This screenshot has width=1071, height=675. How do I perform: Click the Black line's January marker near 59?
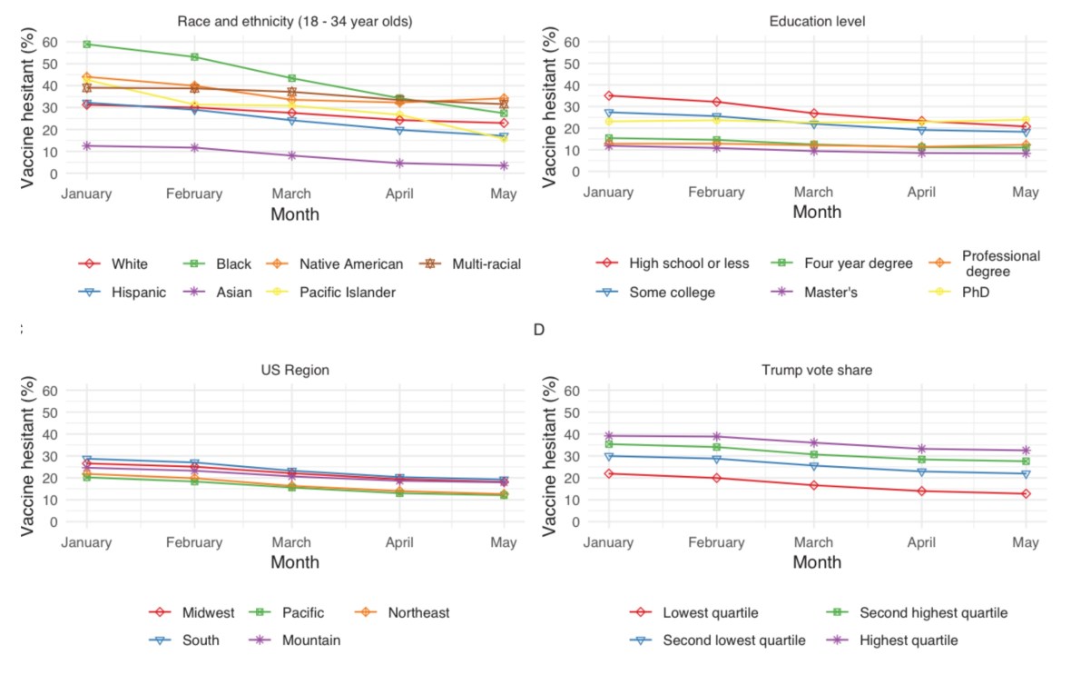tap(87, 44)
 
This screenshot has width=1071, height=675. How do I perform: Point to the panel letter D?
tap(538, 329)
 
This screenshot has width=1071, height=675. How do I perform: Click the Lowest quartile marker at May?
tap(1026, 494)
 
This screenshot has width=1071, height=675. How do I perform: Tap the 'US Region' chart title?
tap(294, 371)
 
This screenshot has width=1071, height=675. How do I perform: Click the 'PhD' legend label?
tap(975, 293)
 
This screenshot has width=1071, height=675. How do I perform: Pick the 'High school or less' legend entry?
tap(690, 263)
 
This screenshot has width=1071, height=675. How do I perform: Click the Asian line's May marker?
tap(503, 165)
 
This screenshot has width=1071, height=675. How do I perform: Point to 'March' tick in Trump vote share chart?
tap(813, 542)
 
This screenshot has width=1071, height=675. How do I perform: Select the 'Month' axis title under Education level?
tap(817, 213)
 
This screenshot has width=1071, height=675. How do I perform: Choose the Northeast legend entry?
tap(418, 613)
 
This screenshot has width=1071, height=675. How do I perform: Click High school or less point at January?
tap(610, 95)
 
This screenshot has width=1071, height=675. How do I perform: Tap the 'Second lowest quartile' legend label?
tap(734, 640)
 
